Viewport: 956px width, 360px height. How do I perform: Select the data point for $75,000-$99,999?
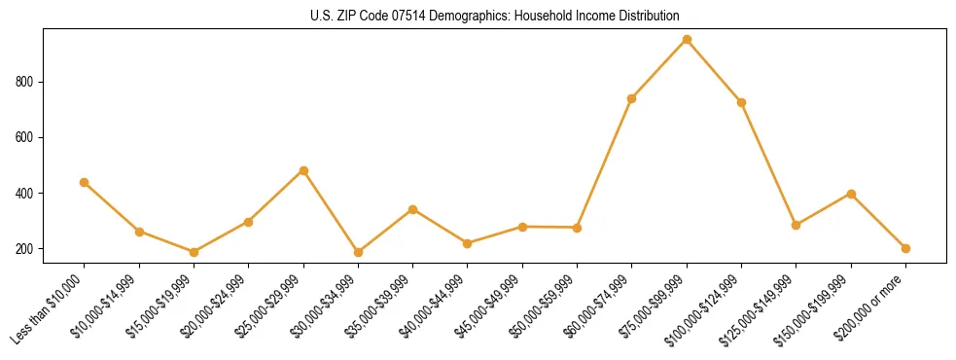pos(687,40)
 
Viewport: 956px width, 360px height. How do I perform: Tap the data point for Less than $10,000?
pos(85,182)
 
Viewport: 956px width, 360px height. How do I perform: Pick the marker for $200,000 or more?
pos(906,248)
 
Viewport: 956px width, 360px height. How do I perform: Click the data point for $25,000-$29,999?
pos(303,170)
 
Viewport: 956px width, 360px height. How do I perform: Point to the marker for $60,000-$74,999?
pos(632,98)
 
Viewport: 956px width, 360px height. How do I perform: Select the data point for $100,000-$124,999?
pos(742,102)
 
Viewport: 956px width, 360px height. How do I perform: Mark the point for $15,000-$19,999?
pos(194,252)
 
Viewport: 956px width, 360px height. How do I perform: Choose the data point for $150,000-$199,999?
pos(851,194)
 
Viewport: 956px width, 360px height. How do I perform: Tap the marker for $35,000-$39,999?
pos(413,209)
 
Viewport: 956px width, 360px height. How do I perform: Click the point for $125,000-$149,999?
pos(797,225)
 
